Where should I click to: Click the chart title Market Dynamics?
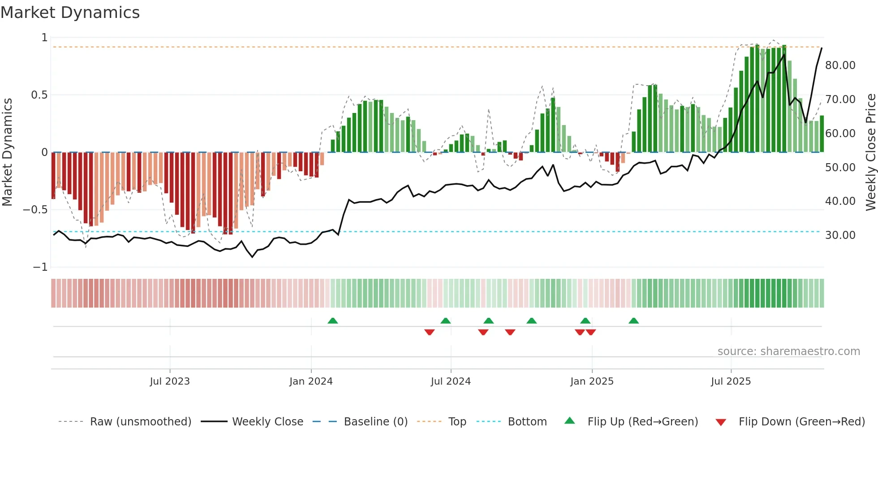coord(70,13)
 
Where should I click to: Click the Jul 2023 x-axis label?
coord(170,381)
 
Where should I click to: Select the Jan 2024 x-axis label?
coord(311,381)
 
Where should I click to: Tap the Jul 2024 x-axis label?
coord(451,381)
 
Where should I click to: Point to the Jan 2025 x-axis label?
coord(592,381)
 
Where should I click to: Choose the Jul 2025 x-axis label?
coord(731,381)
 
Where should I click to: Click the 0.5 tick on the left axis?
coord(39,95)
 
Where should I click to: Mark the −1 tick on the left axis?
coord(40,267)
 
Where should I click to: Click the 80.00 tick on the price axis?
coord(840,65)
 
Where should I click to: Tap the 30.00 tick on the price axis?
coord(840,235)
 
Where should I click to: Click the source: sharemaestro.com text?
coord(788,351)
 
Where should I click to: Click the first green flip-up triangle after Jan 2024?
coord(332,321)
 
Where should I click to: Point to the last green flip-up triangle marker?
coord(633,321)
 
